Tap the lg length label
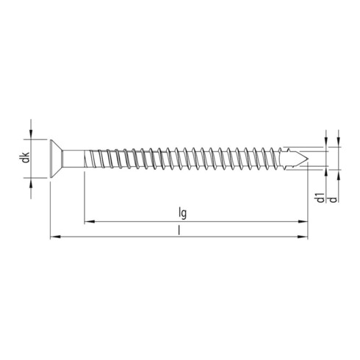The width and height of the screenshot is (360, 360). point(182,212)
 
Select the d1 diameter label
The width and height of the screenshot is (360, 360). point(321,198)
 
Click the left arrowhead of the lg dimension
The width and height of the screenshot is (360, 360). point(88,219)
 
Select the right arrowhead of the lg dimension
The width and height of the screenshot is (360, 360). point(302,219)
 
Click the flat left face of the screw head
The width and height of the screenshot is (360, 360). point(50,159)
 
